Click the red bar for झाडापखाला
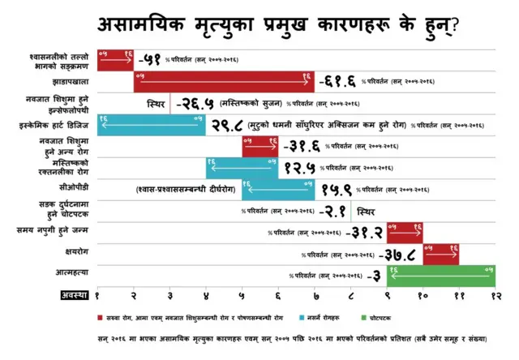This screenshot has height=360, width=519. [224, 82]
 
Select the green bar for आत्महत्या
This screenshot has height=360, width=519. [441, 276]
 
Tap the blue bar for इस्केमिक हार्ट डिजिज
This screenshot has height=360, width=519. [152, 125]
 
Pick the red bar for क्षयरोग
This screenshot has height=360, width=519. [441, 254]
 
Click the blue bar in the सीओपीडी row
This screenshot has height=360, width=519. [278, 190]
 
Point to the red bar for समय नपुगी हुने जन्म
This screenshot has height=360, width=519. [405, 232]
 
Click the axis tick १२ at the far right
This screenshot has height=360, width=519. [494, 298]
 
